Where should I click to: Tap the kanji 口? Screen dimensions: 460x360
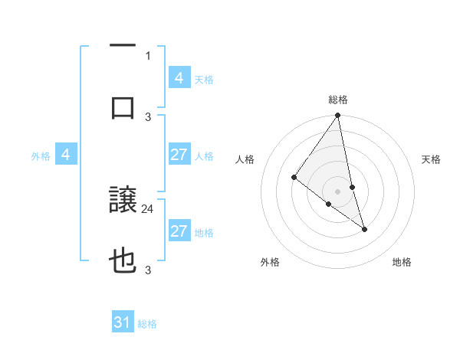coord(123,107)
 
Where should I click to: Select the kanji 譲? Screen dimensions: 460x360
coord(123,201)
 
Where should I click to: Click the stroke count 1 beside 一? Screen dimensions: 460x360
coord(148,55)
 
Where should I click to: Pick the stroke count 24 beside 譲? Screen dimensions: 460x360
coord(148,208)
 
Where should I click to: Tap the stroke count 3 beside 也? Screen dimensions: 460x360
coord(148,269)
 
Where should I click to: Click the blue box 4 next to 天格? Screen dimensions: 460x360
coord(179,77)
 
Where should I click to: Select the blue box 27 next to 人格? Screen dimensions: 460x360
coord(179,155)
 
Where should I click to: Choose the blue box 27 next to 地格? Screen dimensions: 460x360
coord(179,231)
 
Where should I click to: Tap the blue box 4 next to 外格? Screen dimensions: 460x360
coord(66,155)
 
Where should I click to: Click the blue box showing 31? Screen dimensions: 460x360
coord(123,322)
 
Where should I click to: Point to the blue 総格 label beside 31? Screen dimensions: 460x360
coord(147,324)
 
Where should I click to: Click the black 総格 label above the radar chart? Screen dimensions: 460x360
coord(338,100)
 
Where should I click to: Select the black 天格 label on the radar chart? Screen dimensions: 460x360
coord(432,159)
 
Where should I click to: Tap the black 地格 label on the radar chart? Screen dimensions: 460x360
coord(402,262)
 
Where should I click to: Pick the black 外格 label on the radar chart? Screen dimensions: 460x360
coord(270,262)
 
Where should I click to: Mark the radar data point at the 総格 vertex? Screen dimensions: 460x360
coord(338,116)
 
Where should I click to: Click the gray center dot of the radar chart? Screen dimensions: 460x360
coord(338,191)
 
